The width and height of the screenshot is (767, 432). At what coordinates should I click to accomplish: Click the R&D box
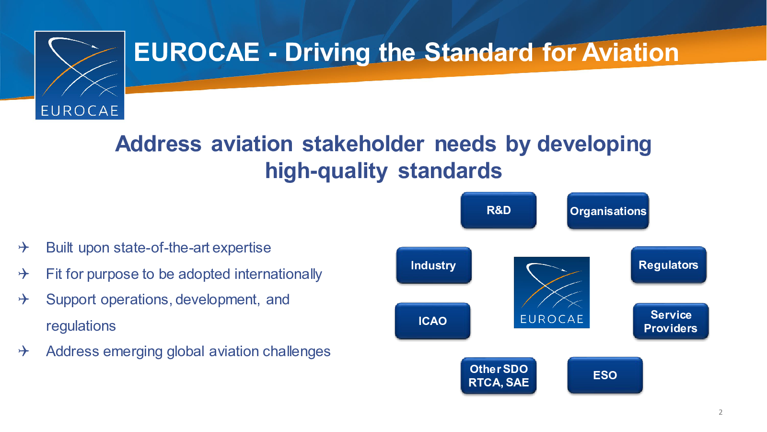(499, 210)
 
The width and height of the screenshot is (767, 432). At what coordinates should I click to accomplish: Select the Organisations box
(608, 211)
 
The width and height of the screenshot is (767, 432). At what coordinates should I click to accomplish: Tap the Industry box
(434, 265)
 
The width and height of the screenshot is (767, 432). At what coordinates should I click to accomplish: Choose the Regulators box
(668, 264)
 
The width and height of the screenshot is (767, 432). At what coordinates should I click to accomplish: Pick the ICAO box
(432, 321)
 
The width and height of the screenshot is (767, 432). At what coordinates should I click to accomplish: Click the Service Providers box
(671, 321)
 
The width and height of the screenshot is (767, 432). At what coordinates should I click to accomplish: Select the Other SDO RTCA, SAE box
(499, 376)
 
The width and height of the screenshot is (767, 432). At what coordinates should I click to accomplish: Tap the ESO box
(605, 375)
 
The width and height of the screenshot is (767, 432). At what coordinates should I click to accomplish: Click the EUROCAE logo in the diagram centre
(552, 292)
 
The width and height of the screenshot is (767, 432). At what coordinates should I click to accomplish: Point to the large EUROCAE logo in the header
(80, 75)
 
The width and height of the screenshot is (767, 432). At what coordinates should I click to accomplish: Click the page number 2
(721, 412)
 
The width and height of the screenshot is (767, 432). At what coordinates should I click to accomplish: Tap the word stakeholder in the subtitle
(363, 144)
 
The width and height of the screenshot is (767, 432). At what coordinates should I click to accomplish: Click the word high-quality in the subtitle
(326, 171)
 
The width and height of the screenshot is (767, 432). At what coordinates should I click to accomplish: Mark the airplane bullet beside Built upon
(23, 247)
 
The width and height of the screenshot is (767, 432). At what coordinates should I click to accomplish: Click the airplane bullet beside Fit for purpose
(23, 274)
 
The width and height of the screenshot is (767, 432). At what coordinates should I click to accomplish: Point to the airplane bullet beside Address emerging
(23, 351)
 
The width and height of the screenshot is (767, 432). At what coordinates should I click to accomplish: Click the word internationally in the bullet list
(278, 274)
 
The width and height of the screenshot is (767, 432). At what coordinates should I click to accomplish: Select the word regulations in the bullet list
(81, 326)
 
